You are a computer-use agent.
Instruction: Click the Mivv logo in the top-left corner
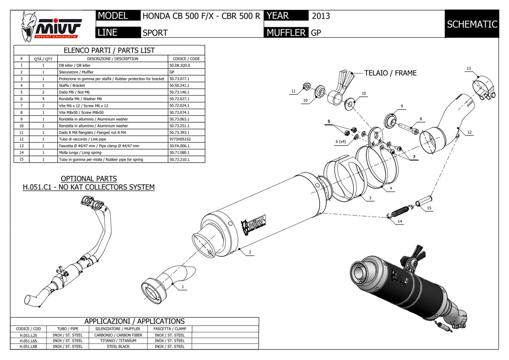(x=51, y=27)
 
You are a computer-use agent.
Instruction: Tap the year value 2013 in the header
(x=321, y=16)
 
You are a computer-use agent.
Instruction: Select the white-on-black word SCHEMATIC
(x=472, y=24)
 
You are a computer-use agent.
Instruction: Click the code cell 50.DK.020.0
(x=179, y=65)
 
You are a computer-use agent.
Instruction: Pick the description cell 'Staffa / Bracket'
(x=72, y=85)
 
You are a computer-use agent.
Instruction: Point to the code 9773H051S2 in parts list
(x=180, y=139)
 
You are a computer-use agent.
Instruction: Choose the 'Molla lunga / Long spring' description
(x=80, y=152)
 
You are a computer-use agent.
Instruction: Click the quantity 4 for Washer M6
(x=43, y=99)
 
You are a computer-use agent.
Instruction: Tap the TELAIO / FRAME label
(x=390, y=73)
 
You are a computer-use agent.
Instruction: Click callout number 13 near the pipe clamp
(x=469, y=68)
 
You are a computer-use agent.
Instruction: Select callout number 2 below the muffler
(x=250, y=252)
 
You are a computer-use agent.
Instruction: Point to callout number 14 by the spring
(x=400, y=221)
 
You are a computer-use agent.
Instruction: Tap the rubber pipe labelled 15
(x=424, y=201)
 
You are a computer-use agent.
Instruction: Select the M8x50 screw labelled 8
(x=408, y=128)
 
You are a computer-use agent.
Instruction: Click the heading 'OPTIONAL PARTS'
(x=89, y=179)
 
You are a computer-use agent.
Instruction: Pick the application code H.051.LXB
(x=28, y=346)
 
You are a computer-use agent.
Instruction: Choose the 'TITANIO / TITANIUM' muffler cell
(x=118, y=340)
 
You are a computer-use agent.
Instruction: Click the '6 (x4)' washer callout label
(x=341, y=141)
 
